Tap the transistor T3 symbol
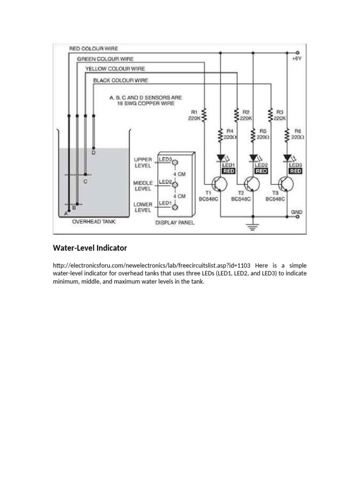point(287,184)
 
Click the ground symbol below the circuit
point(253,227)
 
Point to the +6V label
point(297,60)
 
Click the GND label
point(297,212)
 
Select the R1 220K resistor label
point(195,115)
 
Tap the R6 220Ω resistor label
point(298,134)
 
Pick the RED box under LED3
point(296,172)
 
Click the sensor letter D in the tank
point(93,153)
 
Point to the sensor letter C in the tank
point(85,181)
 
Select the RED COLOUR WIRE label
point(93,48)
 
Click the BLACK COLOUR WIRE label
point(120,81)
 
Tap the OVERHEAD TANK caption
point(93,222)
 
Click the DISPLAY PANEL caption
point(175,223)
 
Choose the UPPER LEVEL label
point(142,163)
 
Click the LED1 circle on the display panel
point(175,207)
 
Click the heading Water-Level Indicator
point(90,247)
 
